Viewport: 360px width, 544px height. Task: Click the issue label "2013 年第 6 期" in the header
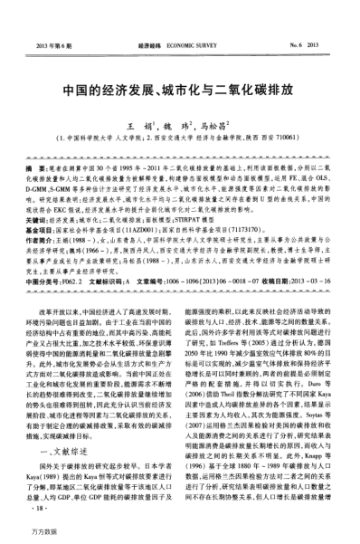(55, 43)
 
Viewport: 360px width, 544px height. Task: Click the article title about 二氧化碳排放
(180, 91)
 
